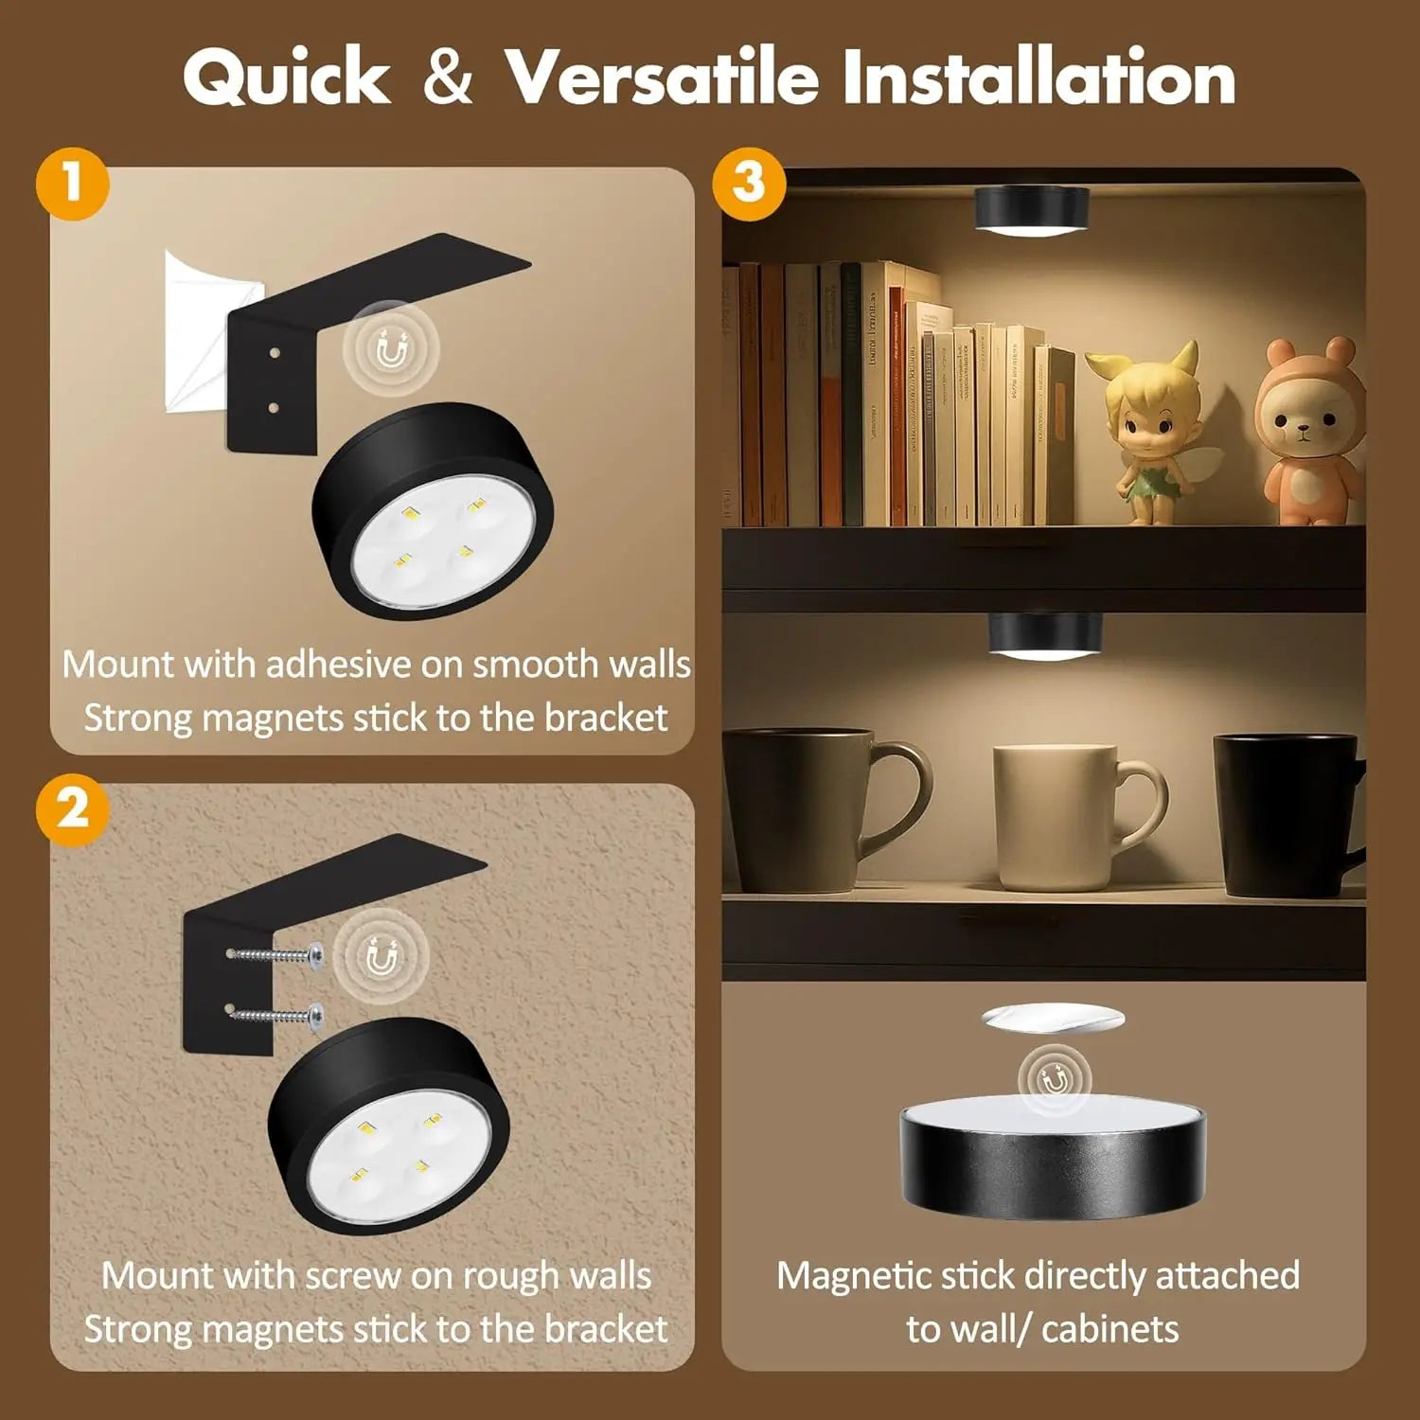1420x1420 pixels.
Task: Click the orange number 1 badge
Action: point(73,183)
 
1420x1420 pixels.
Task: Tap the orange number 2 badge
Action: point(73,809)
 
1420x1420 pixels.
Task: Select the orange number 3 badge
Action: point(748,183)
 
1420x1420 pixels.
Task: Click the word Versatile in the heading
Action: point(662,76)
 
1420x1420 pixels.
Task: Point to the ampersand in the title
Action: point(447,76)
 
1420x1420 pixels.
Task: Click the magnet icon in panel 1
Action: point(391,351)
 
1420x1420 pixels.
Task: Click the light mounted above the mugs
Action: point(1045,635)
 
